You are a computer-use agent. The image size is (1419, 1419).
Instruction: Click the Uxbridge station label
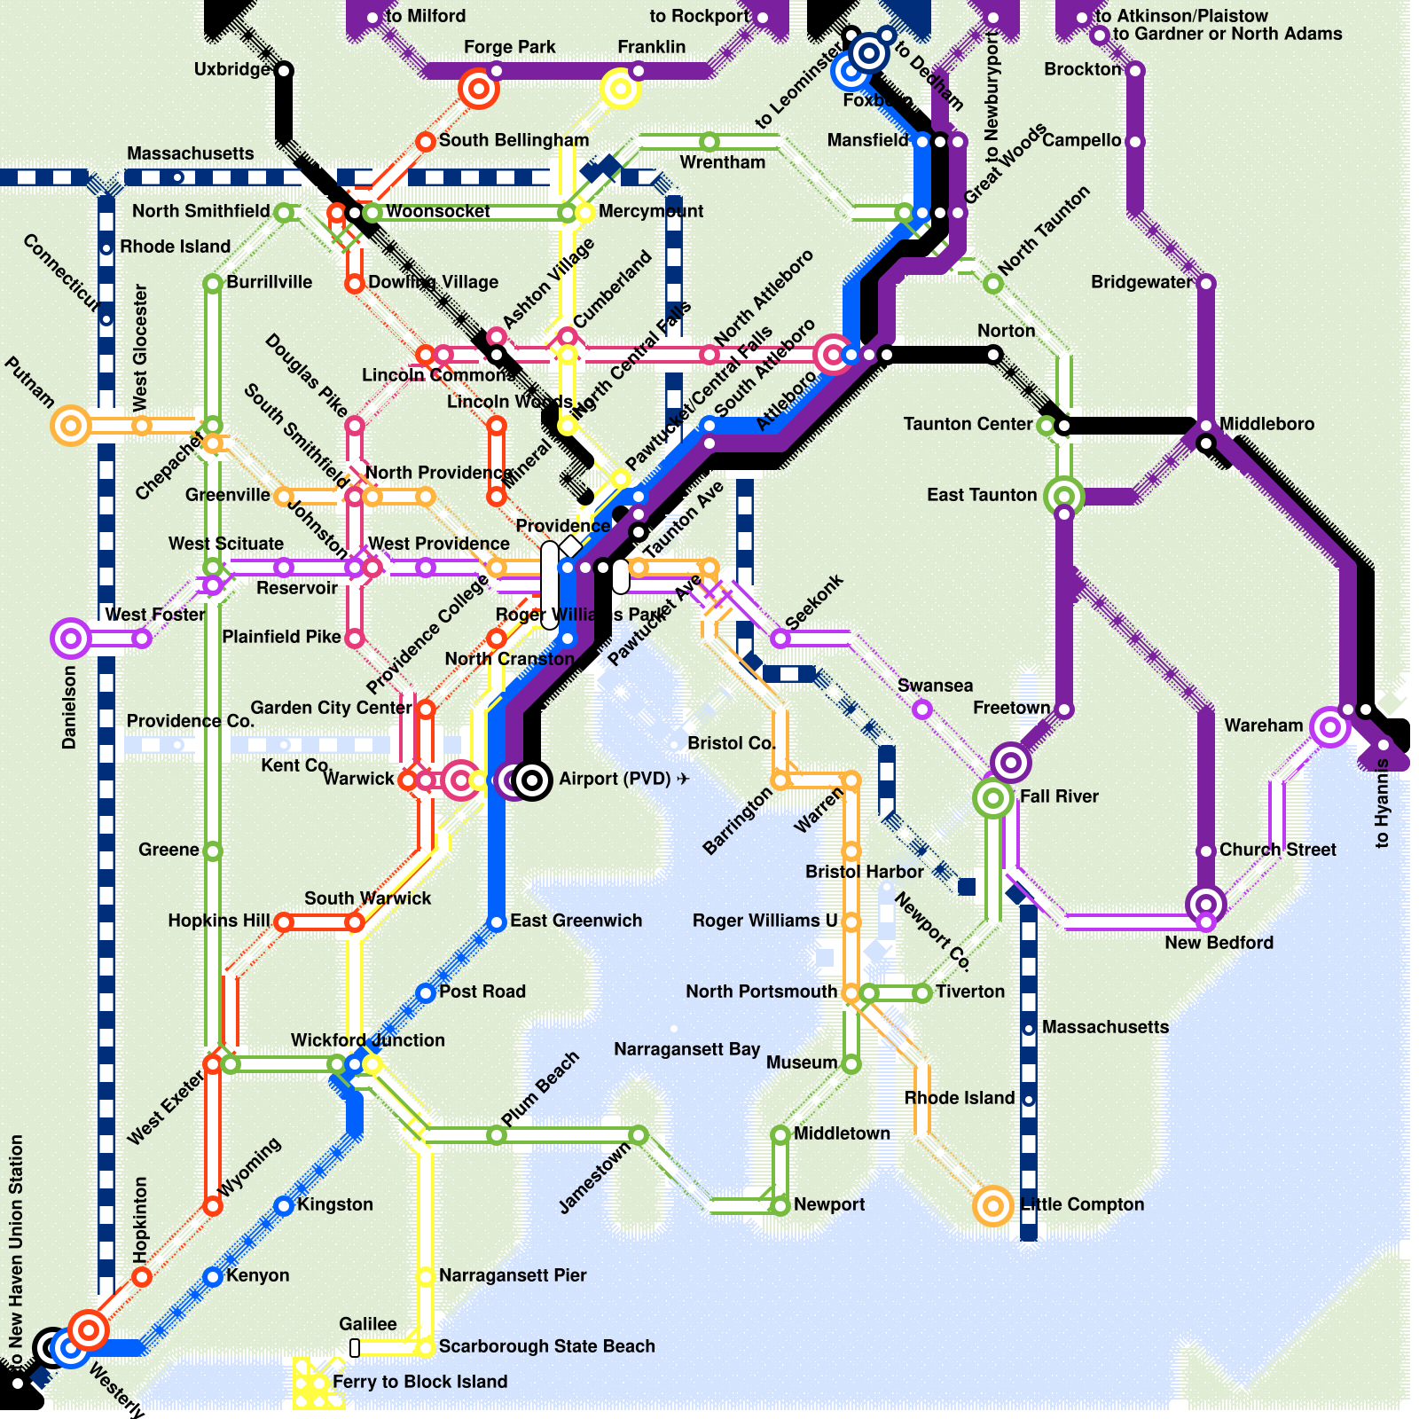[231, 69]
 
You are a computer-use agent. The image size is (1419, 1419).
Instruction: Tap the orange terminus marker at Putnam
[71, 426]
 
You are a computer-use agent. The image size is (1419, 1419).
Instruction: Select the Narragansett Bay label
[686, 1049]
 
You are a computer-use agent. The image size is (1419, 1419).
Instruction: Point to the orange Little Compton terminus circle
[993, 1205]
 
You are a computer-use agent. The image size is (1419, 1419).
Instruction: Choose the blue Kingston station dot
[284, 1205]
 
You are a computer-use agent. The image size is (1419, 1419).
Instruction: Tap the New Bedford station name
[1219, 943]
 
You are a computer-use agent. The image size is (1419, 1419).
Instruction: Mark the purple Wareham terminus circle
[1329, 728]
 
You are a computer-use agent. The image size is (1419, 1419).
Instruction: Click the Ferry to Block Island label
[419, 1382]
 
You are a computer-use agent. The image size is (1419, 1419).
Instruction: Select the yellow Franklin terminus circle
[620, 89]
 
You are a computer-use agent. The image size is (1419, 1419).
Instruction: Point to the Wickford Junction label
[367, 1040]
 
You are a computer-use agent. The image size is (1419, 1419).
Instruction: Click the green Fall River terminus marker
[993, 798]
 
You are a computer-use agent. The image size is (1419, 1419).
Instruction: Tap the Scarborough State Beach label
[546, 1346]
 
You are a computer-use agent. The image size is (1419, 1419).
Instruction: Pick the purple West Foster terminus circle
[71, 639]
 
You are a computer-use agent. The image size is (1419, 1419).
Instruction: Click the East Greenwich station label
[576, 921]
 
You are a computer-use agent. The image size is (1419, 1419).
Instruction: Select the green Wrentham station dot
[709, 142]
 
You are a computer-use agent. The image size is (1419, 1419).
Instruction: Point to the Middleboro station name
[1266, 424]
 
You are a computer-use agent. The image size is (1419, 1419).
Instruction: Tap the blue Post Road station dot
[426, 992]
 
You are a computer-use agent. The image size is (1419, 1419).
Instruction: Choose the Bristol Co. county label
[732, 743]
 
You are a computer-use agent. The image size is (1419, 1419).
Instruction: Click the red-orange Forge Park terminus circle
[479, 89]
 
